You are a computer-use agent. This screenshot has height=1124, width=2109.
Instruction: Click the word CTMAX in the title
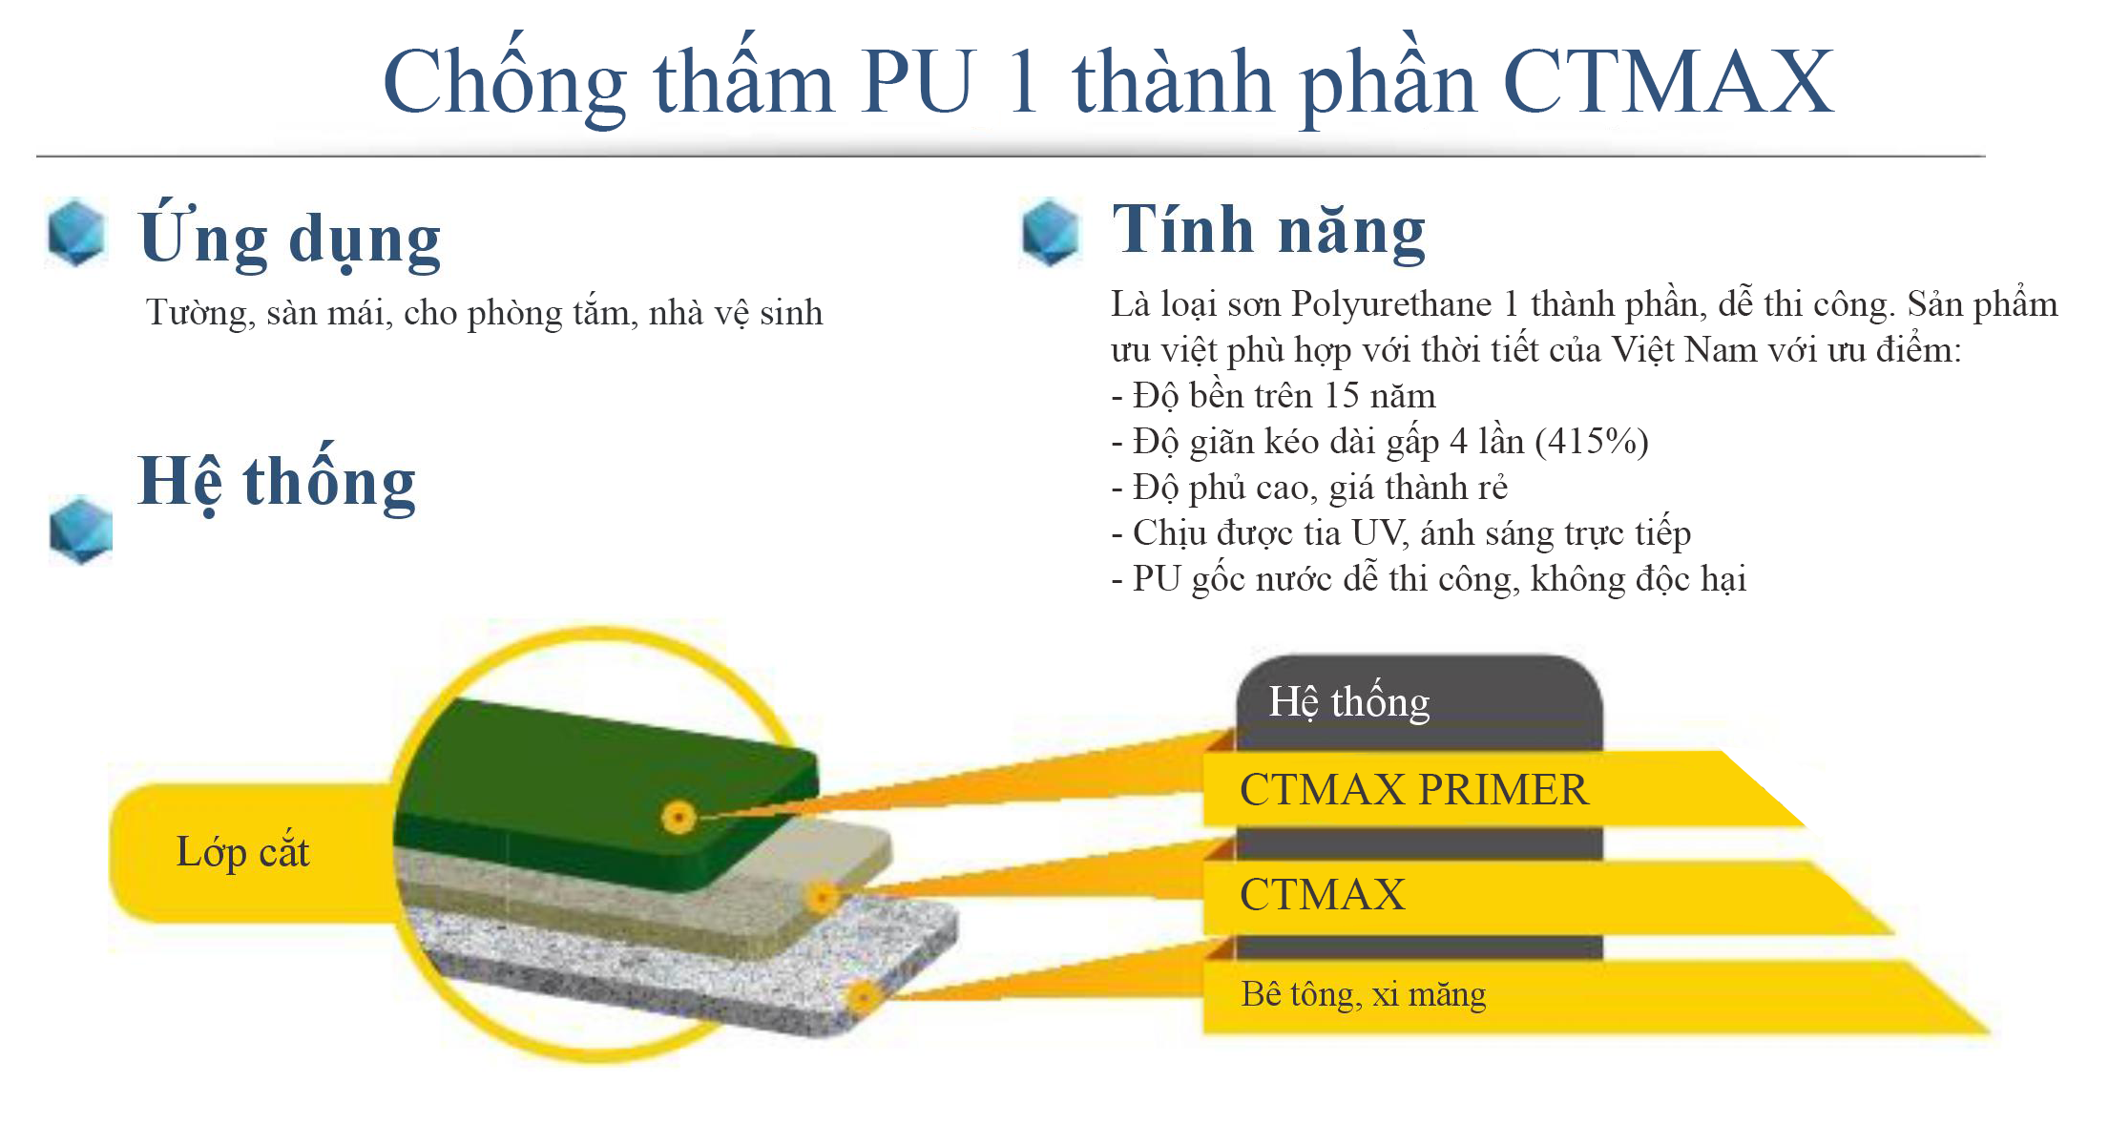[1667, 82]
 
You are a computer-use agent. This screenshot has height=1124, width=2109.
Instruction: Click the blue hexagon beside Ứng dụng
[76, 232]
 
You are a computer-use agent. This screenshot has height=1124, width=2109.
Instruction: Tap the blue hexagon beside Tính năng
[1050, 232]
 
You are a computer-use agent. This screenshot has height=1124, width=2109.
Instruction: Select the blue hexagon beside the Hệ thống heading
[81, 530]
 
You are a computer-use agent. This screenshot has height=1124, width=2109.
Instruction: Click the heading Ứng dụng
[290, 236]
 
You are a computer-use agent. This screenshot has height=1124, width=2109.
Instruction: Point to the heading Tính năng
[1269, 230]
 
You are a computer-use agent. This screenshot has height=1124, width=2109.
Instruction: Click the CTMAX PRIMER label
[1414, 790]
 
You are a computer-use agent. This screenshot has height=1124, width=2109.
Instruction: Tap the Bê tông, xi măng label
[1363, 994]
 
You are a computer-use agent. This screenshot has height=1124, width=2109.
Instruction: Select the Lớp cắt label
[242, 852]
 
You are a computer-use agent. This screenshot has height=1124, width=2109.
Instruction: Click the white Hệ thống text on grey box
[1349, 702]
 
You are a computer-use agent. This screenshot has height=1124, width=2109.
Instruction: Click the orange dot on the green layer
[679, 818]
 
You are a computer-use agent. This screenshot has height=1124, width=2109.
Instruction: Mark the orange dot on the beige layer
[822, 897]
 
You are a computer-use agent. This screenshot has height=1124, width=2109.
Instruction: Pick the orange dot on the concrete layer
[864, 998]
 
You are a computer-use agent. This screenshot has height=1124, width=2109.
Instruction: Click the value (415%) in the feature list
[1592, 442]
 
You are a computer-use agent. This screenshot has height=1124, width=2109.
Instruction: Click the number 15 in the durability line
[1342, 396]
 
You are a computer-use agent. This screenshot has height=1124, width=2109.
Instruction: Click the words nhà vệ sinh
[736, 313]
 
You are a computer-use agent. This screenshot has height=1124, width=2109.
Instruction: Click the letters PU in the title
[920, 82]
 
